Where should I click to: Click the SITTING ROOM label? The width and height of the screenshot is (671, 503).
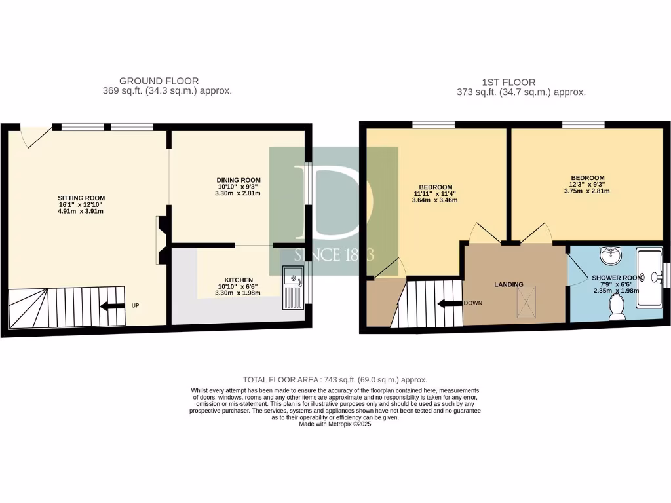click(81, 198)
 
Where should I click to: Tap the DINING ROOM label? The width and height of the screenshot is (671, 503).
click(239, 180)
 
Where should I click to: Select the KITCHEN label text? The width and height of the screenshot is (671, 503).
click(239, 280)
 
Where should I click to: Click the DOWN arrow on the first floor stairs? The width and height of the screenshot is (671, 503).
click(451, 303)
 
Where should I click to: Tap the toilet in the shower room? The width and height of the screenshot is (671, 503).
click(617, 307)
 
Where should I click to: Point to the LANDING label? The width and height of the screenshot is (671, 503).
click(508, 284)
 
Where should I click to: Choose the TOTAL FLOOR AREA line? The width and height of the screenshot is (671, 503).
click(335, 380)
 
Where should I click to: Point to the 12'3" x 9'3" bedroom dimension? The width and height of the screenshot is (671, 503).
click(587, 185)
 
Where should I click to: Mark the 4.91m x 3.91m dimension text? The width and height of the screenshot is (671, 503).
click(81, 211)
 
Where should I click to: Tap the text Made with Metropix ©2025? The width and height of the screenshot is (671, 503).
click(335, 424)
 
